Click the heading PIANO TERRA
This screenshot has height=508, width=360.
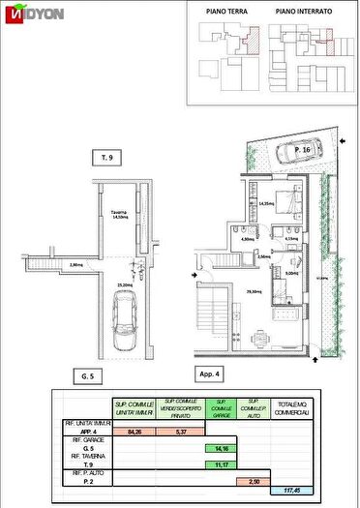coord(225,12)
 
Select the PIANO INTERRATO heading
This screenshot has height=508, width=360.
coord(303,12)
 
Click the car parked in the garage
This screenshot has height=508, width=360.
coord(125,324)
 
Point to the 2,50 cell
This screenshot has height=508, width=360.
coord(255,481)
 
